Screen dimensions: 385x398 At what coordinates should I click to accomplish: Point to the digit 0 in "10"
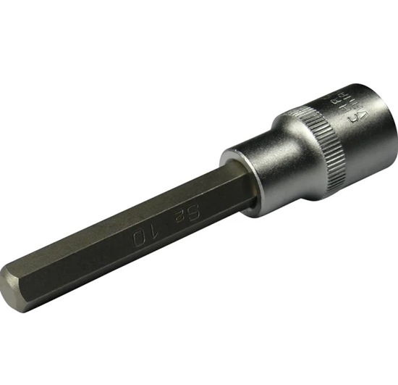[135, 237]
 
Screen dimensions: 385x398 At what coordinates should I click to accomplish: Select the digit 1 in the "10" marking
[150, 231]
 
